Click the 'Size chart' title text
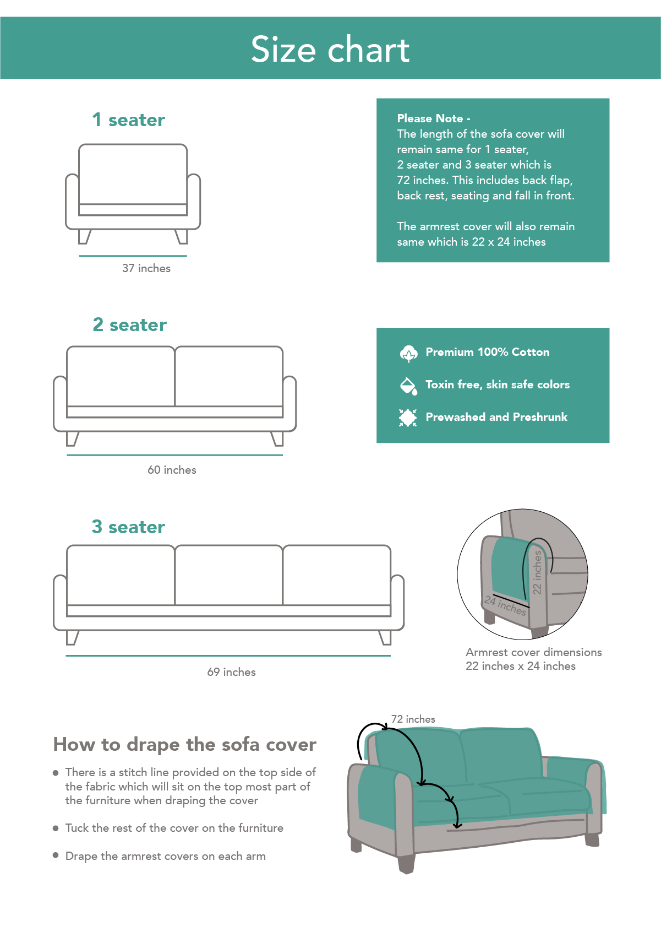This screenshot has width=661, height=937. (330, 50)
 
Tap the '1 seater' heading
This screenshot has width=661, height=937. (128, 120)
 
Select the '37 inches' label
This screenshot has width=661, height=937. (146, 268)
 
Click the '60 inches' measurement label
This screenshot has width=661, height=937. (172, 470)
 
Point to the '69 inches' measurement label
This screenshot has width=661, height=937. (231, 672)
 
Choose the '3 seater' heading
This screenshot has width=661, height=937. (128, 527)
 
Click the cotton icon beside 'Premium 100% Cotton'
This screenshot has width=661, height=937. (408, 353)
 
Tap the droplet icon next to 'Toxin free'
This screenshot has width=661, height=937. (408, 386)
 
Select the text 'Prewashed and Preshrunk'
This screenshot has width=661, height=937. (496, 417)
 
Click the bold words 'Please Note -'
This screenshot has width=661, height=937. (433, 118)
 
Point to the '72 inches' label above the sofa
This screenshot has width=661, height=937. (413, 719)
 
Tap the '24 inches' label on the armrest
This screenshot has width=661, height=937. (505, 606)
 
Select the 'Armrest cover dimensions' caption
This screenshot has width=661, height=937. (533, 652)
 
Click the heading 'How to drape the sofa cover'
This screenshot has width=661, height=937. (184, 744)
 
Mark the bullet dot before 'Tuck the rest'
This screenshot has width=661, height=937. (56, 828)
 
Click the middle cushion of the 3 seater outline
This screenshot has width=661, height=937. (228, 576)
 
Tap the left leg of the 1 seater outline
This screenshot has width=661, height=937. (84, 236)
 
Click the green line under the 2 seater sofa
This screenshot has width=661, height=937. (174, 455)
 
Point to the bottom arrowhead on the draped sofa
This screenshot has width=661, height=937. (456, 825)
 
